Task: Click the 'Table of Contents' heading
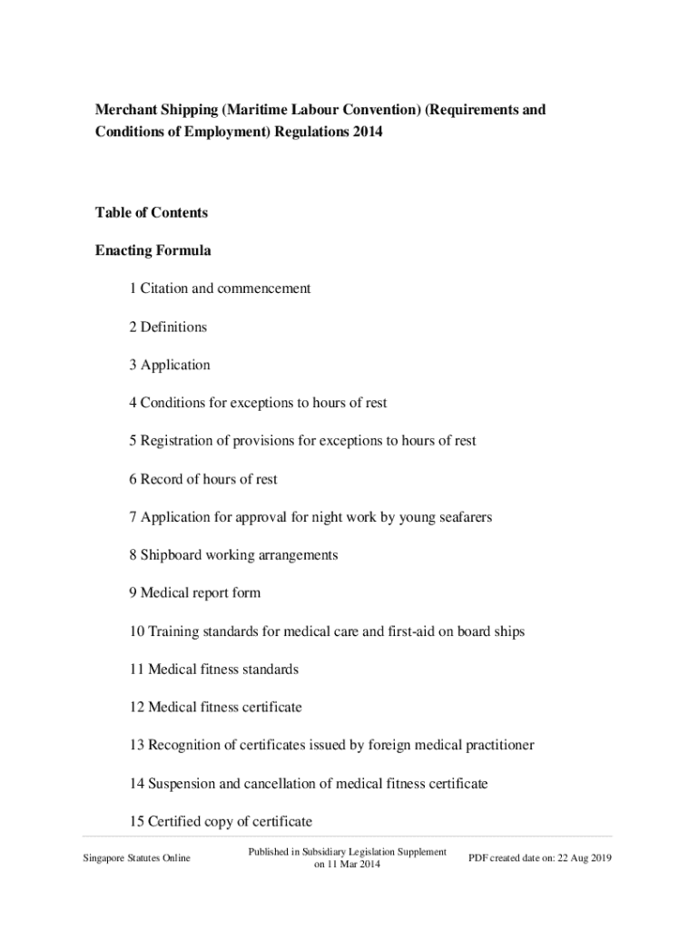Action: coord(152,213)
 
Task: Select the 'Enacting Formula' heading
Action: coord(153,250)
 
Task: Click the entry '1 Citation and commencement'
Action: coord(220,288)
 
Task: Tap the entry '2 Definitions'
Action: coord(168,327)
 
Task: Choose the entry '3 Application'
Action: coord(170,365)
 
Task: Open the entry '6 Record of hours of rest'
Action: coord(203,479)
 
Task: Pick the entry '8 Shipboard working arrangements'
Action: coord(233,554)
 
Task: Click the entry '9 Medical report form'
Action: coord(194,592)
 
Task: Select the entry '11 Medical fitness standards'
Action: coord(213,670)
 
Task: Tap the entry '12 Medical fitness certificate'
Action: coord(215,707)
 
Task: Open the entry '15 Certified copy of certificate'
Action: coord(221,822)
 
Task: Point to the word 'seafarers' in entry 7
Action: coord(463,517)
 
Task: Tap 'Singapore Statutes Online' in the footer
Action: coord(136,858)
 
